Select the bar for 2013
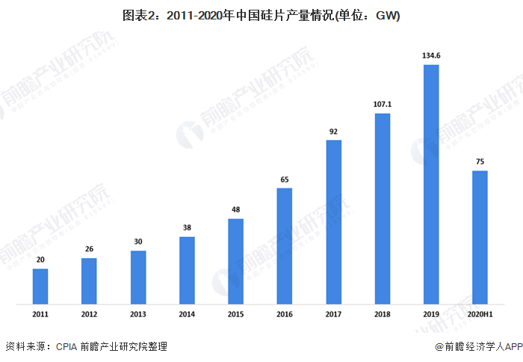tap(138, 277)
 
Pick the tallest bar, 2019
tap(431, 184)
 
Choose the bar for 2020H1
tap(480, 237)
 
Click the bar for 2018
tap(383, 209)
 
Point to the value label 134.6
tap(431, 55)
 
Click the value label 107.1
tap(383, 104)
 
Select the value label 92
tap(333, 131)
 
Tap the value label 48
tap(236, 209)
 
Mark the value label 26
tap(89, 249)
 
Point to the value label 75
tap(480, 161)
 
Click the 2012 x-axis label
tap(89, 316)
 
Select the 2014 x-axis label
tap(187, 316)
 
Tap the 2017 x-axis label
tap(333, 316)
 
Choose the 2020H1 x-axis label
tap(480, 316)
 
